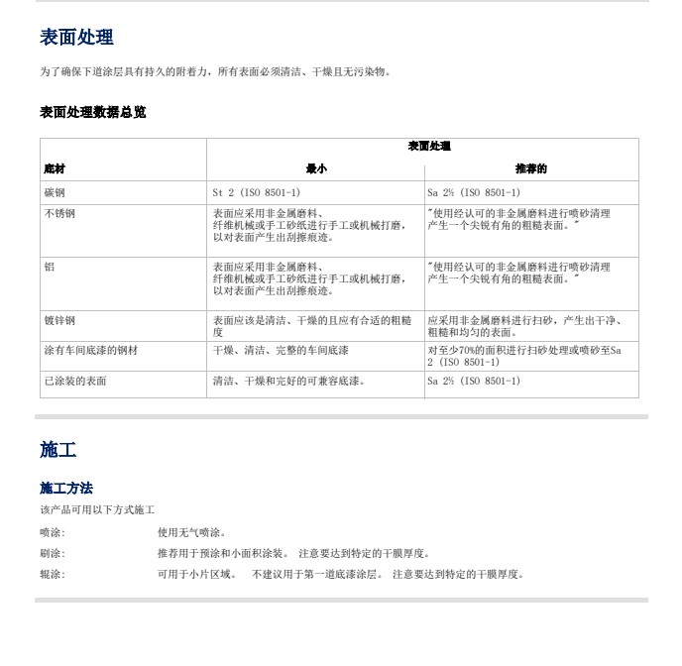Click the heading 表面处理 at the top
[76, 38]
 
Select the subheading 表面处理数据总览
[92, 112]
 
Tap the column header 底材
[55, 169]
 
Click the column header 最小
[315, 169]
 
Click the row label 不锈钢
[59, 213]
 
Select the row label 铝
[50, 267]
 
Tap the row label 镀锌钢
[59, 320]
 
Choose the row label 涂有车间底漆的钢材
[90, 351]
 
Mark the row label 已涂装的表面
[74, 381]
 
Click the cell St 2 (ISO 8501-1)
[256, 192]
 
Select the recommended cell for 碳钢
[473, 192]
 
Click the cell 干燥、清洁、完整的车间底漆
[281, 351]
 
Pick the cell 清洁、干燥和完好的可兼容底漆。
[288, 381]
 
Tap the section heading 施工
[57, 450]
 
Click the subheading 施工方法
[66, 488]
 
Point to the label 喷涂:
[53, 532]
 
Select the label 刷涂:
[53, 553]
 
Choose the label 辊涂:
[53, 574]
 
